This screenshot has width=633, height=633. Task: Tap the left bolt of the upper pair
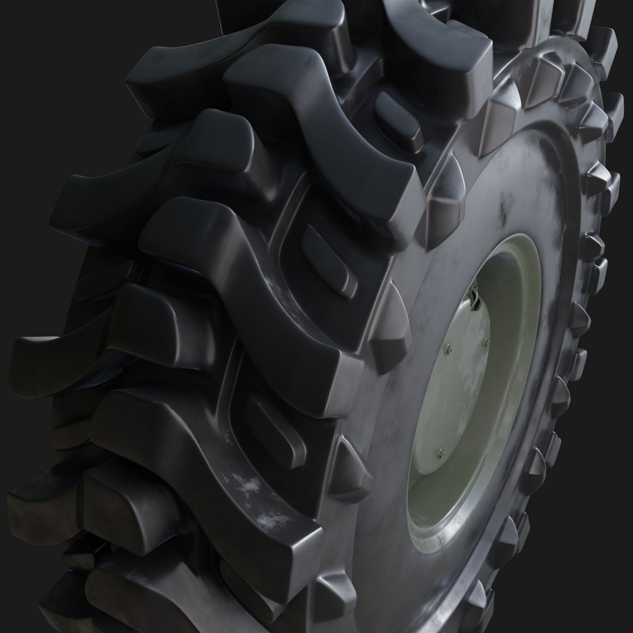point(448,349)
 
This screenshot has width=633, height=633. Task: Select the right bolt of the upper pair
point(486,343)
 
